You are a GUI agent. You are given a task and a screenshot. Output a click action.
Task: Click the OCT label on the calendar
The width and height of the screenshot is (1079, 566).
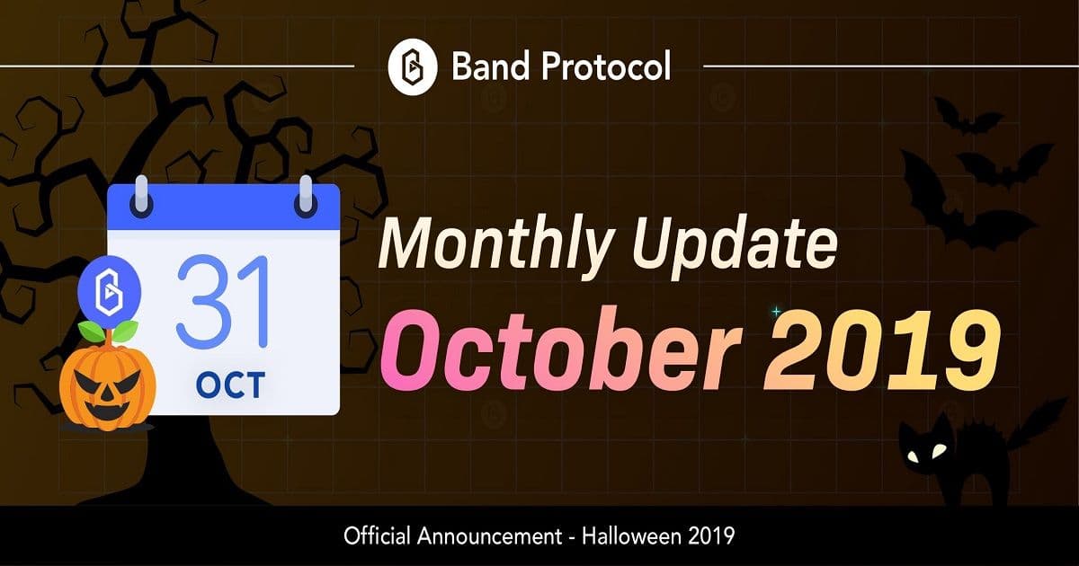(x=229, y=385)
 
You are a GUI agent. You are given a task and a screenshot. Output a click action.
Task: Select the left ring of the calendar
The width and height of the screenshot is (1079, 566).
(x=141, y=195)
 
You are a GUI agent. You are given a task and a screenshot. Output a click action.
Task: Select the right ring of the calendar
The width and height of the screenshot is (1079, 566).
(x=306, y=195)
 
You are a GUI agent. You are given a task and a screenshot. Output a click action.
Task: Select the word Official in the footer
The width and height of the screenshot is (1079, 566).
(x=378, y=537)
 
